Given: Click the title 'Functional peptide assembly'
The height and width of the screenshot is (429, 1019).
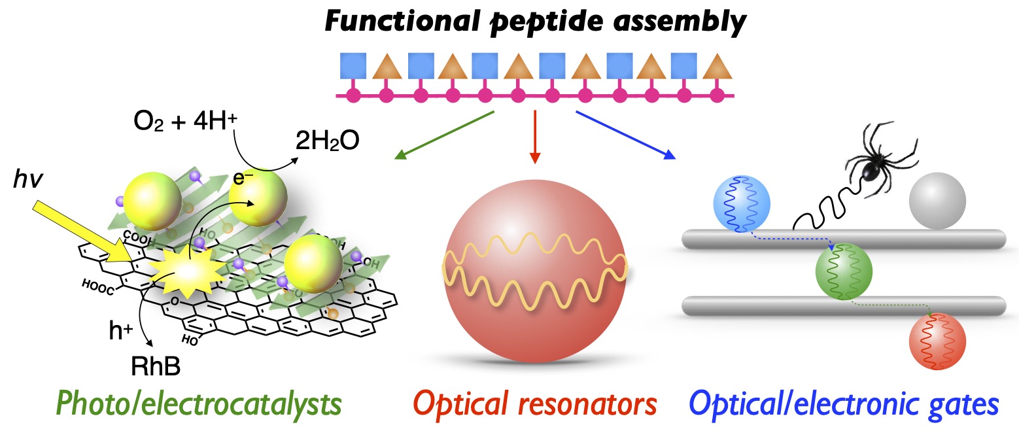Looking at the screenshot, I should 535,24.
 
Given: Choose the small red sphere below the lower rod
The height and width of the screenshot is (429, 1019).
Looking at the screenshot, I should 937,342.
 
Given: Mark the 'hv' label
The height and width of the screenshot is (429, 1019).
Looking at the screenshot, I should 28,179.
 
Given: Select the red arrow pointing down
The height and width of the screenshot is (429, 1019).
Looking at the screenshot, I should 535,137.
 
